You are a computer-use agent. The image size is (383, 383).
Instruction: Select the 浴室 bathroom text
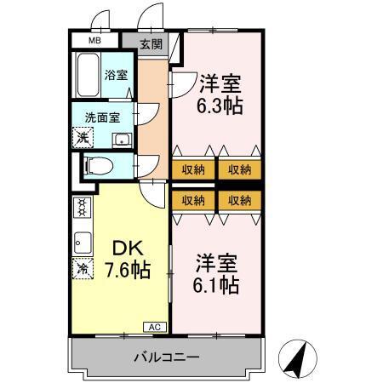tap(117, 75)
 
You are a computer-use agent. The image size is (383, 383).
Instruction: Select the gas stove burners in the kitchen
tap(83, 208)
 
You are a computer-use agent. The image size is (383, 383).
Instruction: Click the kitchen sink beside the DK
tap(83, 241)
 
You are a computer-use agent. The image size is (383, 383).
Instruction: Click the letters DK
tap(124, 249)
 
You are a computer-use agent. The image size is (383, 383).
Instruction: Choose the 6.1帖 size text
tap(216, 283)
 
